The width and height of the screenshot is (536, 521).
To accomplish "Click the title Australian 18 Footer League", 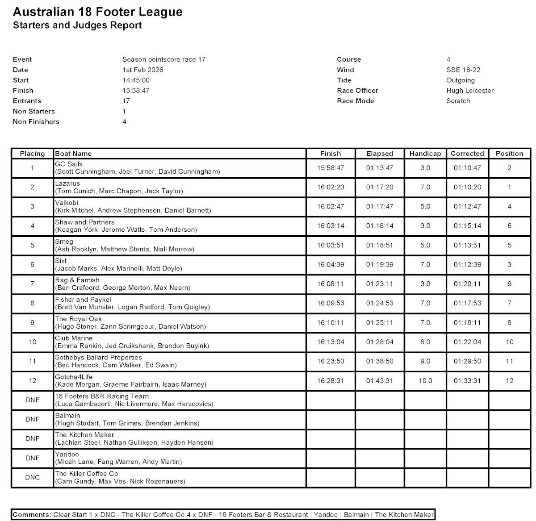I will click(x=98, y=12).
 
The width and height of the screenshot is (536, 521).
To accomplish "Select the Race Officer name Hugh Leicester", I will click(x=469, y=91).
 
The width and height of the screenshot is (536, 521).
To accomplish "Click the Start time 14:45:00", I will click(x=136, y=80).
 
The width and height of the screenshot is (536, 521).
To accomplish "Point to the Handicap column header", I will click(x=425, y=154).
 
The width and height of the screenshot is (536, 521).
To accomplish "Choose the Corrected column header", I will click(x=467, y=154).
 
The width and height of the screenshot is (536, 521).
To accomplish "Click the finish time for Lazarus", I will click(x=331, y=188).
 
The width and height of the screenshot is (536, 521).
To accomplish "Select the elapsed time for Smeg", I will click(x=379, y=246).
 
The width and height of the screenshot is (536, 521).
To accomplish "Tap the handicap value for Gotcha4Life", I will click(x=425, y=381).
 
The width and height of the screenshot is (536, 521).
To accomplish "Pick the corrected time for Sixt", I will click(x=467, y=265).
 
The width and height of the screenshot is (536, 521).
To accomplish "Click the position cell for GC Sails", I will click(x=509, y=168).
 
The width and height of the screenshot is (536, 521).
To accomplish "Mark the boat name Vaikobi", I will click(x=67, y=203).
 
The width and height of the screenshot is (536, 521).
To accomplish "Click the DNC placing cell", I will click(x=33, y=478).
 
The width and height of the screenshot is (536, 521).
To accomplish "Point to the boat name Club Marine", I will click(x=74, y=338).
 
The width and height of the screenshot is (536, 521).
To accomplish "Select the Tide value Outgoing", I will click(x=460, y=80).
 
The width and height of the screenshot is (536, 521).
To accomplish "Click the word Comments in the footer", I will click(x=32, y=515).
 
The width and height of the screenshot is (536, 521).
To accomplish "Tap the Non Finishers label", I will click(x=36, y=122).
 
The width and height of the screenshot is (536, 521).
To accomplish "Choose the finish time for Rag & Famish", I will click(x=331, y=284).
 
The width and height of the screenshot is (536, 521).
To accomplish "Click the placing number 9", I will click(x=32, y=323).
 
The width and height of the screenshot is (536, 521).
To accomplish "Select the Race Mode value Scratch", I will click(x=458, y=101).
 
